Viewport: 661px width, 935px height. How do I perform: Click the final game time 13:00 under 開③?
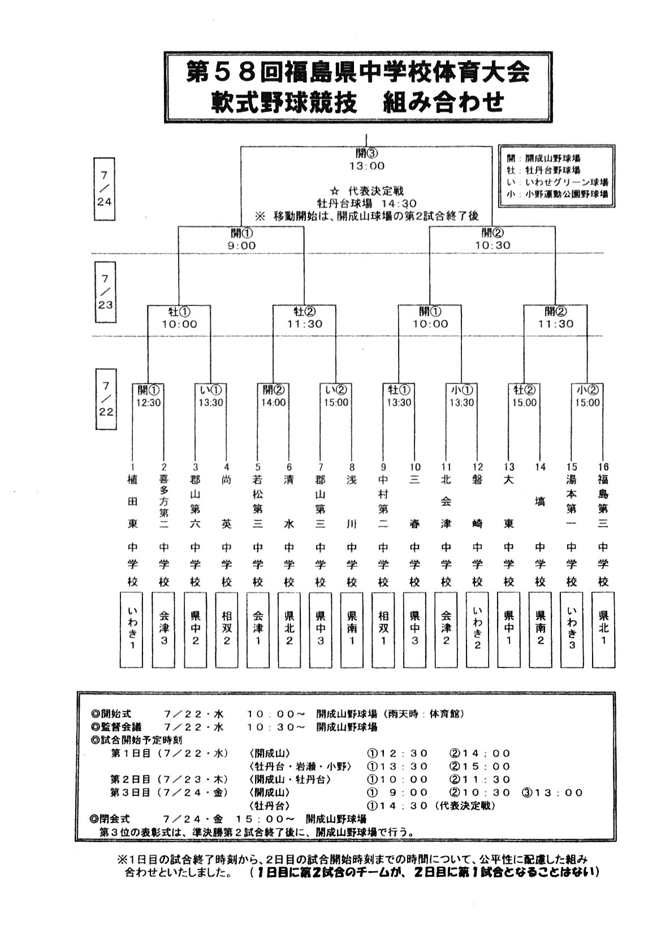pos(366,166)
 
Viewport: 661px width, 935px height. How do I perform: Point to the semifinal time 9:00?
pos(241,245)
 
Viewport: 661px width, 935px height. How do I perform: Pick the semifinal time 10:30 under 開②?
pos(492,245)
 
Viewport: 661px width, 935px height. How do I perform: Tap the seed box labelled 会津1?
pos(258,630)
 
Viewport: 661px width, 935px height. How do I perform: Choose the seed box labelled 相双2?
pos(226,630)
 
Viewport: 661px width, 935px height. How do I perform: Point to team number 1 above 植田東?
pos(132,467)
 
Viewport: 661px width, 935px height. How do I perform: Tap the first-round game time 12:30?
pos(148,403)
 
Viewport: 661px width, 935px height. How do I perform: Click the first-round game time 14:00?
pos(274,403)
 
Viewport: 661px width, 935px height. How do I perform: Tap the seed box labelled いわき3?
pos(572,630)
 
